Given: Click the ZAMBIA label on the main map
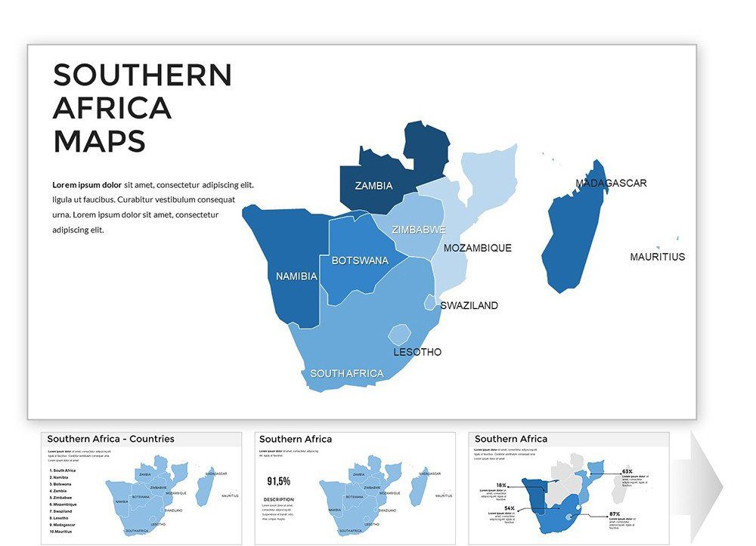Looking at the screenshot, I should click(x=373, y=186).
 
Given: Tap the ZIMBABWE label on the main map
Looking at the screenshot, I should click(x=418, y=230).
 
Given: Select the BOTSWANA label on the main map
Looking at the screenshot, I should click(x=360, y=261).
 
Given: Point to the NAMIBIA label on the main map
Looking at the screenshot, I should click(x=296, y=276).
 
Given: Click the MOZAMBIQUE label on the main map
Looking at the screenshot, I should click(x=477, y=248).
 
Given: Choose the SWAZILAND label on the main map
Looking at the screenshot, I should click(x=469, y=306).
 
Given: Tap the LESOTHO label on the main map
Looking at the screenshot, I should click(x=417, y=353).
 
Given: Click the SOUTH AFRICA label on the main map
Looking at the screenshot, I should click(x=346, y=374).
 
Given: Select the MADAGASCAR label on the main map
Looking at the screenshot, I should click(x=611, y=184).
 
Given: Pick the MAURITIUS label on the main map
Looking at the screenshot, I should click(x=657, y=257).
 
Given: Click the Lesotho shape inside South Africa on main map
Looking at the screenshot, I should click(x=398, y=335).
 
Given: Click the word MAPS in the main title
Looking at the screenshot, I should click(x=99, y=141).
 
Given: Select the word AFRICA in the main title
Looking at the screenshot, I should click(x=112, y=108).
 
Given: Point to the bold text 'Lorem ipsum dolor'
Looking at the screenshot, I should click(x=87, y=185).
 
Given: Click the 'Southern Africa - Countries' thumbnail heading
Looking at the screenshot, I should click(x=110, y=439).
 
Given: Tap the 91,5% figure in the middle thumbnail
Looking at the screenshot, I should click(x=279, y=481).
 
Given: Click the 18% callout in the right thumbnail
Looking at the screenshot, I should click(x=501, y=486).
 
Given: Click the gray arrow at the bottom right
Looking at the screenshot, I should click(x=706, y=487).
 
